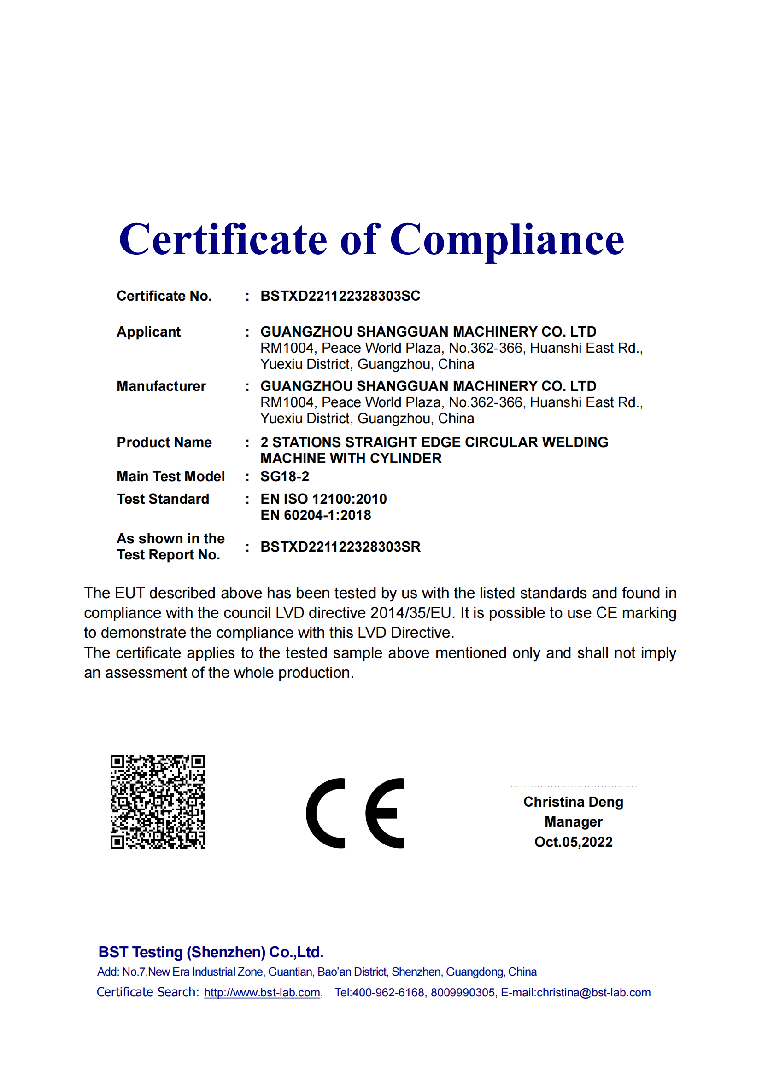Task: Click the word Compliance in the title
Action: (507, 240)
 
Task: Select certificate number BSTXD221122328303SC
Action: (340, 296)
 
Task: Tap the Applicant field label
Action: (148, 332)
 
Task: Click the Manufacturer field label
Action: (161, 386)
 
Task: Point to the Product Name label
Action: (164, 442)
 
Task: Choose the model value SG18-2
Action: (284, 477)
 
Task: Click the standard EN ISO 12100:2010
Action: (323, 499)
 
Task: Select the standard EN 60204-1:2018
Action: (315, 515)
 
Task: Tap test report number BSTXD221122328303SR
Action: (340, 547)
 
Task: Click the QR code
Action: (158, 802)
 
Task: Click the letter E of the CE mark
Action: (385, 813)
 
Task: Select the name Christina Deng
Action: (573, 802)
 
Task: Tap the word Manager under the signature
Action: (573, 822)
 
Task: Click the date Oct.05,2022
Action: (573, 842)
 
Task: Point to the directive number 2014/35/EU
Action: (410, 613)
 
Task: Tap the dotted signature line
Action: (573, 786)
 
